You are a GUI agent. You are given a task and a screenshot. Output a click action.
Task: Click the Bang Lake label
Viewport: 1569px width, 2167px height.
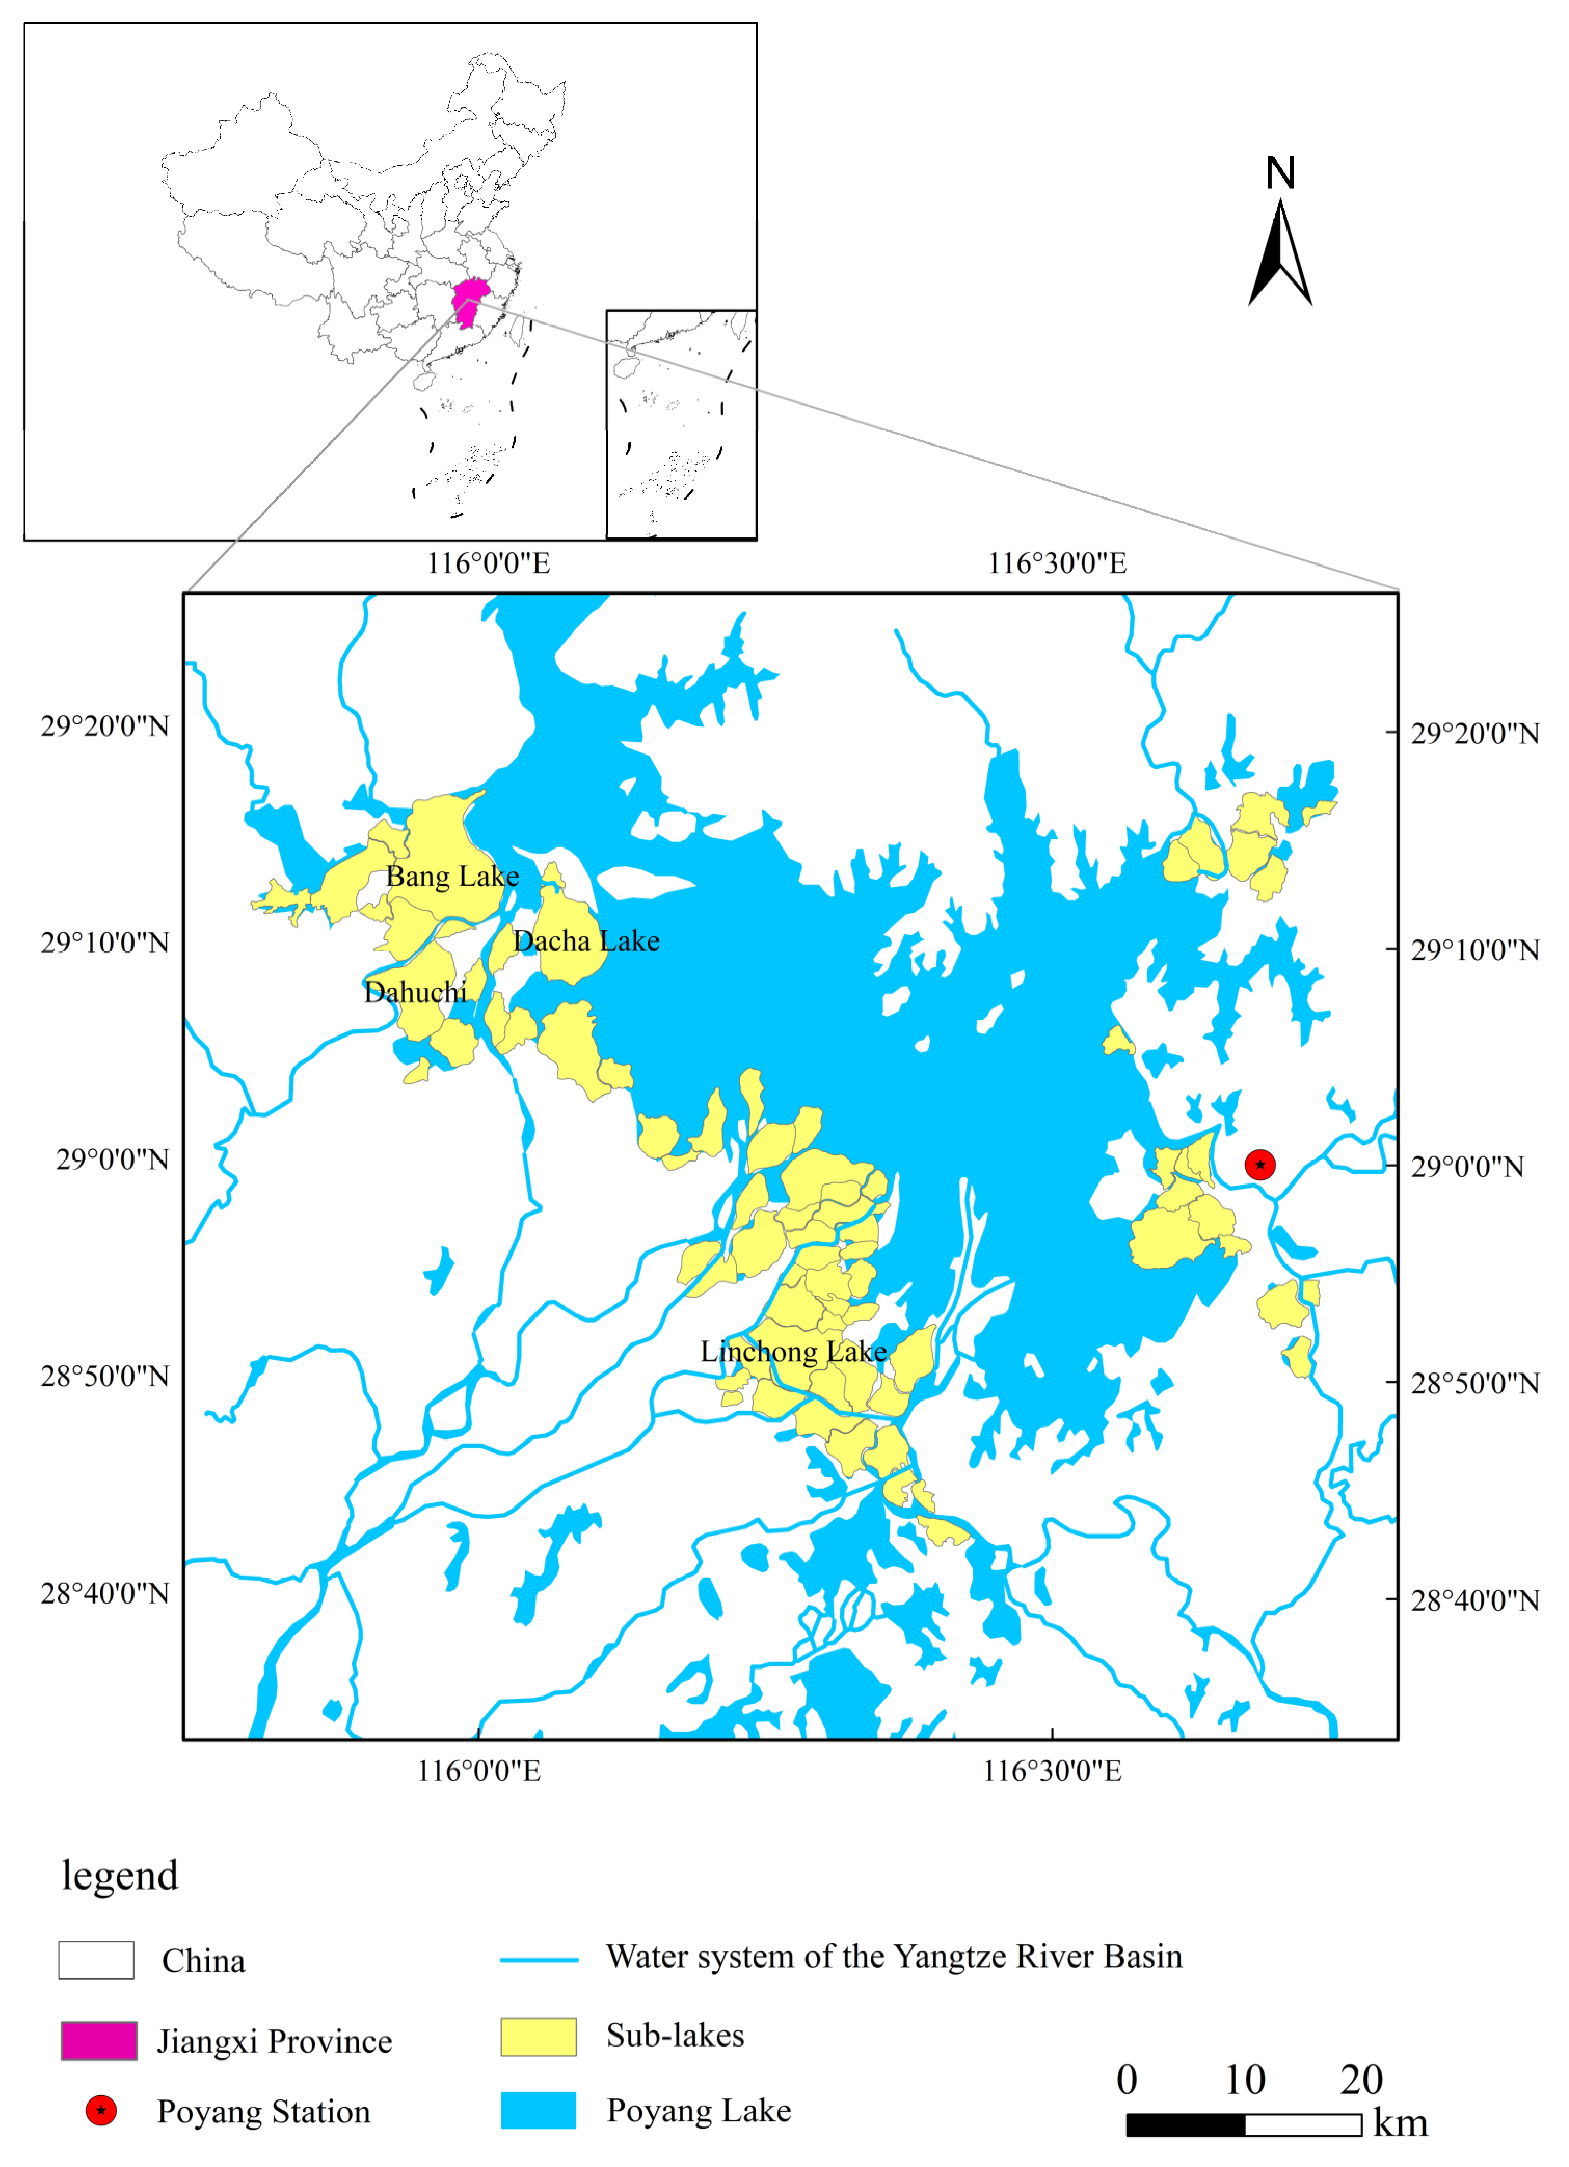point(452,876)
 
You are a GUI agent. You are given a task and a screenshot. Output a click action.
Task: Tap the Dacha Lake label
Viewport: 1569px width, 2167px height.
point(586,941)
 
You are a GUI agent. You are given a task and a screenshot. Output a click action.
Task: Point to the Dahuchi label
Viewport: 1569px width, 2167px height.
point(415,993)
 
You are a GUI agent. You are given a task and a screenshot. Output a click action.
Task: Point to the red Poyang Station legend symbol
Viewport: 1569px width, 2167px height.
point(101,2110)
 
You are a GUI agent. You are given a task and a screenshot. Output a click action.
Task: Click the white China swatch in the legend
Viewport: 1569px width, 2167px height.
point(96,1960)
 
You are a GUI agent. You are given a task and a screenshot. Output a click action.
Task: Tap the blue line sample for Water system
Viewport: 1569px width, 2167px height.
point(539,1960)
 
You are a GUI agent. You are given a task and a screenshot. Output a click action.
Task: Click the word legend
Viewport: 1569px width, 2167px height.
point(120,1876)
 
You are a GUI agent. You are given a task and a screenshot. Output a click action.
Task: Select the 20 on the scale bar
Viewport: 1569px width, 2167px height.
point(1361,2080)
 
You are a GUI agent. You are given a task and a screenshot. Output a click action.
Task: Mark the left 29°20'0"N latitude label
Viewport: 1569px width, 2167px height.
point(104,726)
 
